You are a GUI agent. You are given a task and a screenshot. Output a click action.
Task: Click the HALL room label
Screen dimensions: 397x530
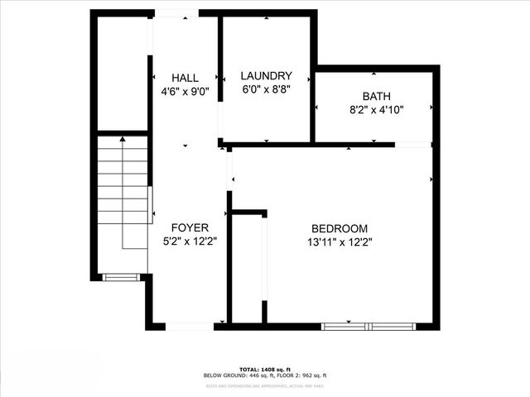[x=185, y=78]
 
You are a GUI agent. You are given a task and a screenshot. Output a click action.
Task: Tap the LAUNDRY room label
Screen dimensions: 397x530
[x=266, y=74]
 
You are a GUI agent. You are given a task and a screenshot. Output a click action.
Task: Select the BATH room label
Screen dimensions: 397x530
[x=376, y=96]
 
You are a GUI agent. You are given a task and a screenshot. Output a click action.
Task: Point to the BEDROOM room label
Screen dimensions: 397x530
[x=340, y=228]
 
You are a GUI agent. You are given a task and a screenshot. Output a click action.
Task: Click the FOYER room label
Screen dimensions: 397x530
[x=190, y=227]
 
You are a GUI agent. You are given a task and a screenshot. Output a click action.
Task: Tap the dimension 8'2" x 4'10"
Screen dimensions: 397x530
[x=376, y=109]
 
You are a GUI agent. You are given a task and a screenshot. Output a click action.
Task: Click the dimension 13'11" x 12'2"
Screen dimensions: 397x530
[x=340, y=242]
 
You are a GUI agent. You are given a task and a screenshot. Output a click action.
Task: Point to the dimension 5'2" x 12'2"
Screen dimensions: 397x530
[x=190, y=242]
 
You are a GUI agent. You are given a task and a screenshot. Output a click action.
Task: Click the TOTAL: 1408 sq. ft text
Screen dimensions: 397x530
[x=265, y=368]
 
